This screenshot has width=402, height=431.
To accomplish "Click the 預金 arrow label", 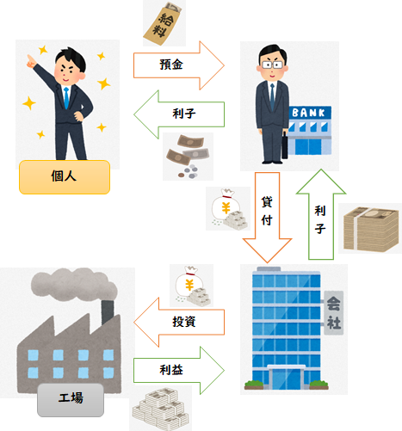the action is pos(171,65).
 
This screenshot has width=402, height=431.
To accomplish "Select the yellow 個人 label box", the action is pos(65,177).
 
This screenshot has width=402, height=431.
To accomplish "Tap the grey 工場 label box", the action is pos(71,400).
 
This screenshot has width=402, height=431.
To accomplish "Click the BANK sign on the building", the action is pos(309,113).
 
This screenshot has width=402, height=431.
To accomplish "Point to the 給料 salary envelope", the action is pos(164,24).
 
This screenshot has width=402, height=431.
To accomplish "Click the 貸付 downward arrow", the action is pos(267,217).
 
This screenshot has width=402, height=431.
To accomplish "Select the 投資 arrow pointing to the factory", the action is pos(179,322).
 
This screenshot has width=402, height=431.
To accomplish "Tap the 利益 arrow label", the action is pos(171,370).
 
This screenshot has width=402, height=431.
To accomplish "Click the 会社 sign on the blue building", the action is pos(334,313).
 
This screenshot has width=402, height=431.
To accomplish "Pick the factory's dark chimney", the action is pos(108,311).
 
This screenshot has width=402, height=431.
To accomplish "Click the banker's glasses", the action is pos(272,65).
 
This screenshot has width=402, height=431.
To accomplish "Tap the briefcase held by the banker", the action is pos(285,145).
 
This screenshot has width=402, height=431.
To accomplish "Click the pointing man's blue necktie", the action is pos(66,98).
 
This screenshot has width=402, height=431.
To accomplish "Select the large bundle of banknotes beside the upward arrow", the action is pos(371,229).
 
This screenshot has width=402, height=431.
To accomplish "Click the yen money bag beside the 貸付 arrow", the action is pos(229,209).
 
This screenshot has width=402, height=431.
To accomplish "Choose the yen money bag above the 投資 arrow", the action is pos(192,286).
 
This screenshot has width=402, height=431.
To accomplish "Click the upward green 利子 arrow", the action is pos(321,214).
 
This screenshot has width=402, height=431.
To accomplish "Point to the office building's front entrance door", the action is pos(286,378).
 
